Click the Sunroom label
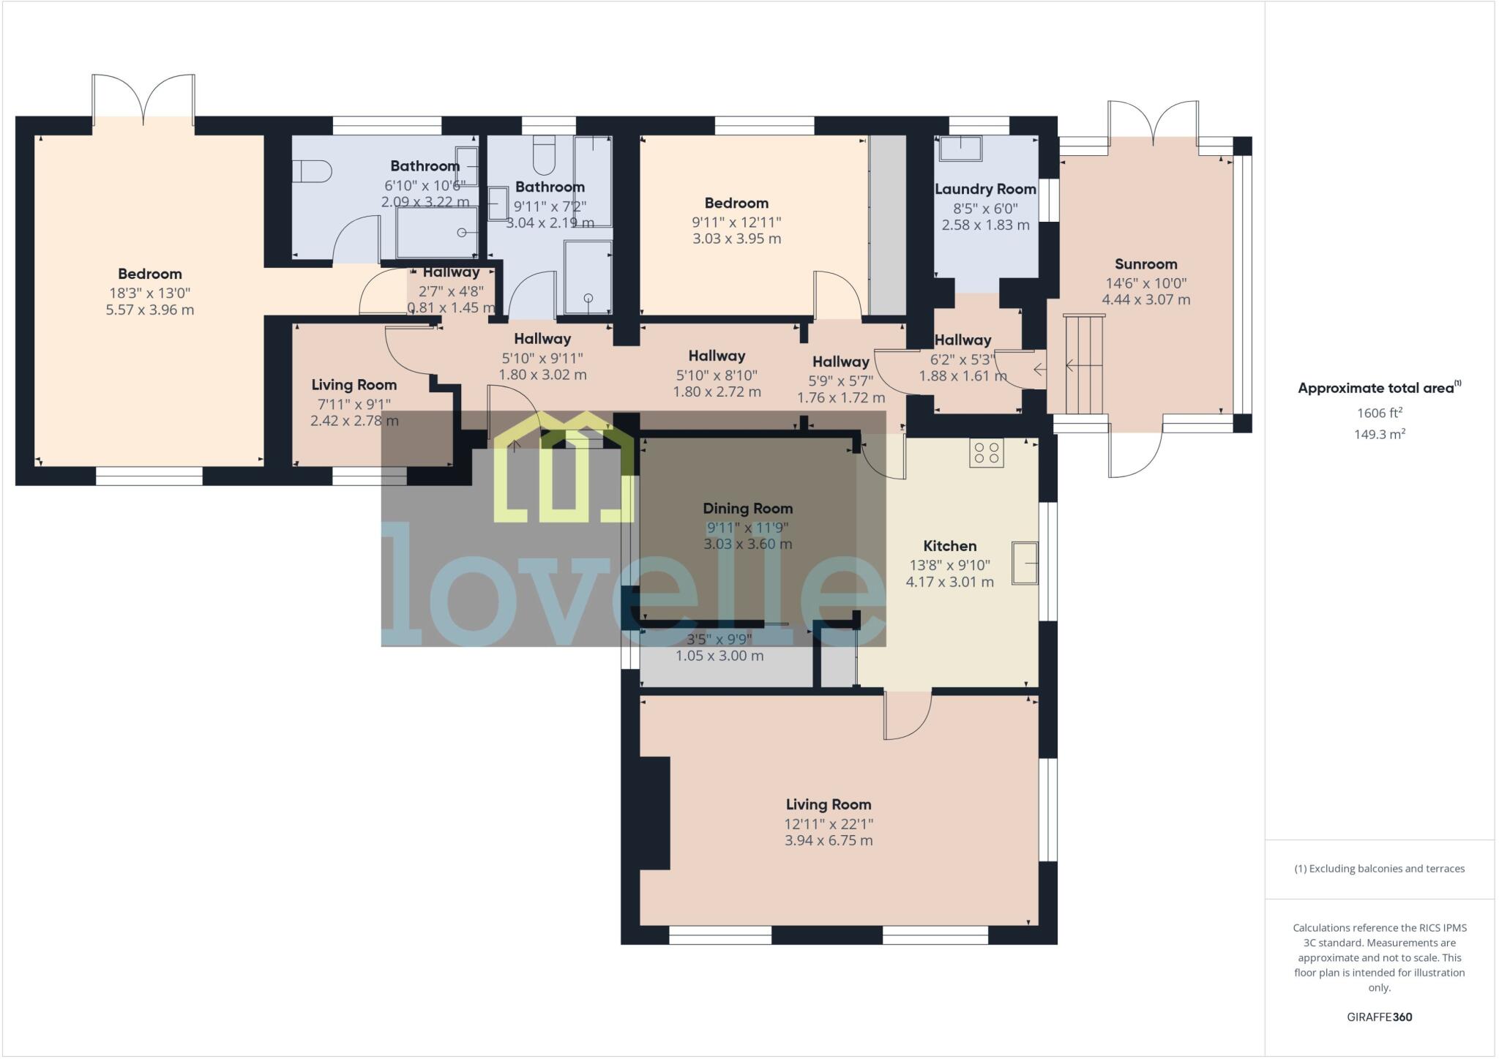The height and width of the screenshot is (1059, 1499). pyautogui.click(x=1145, y=264)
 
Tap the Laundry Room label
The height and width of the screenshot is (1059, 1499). pyautogui.click(x=985, y=190)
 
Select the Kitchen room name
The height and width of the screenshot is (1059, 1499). pyautogui.click(x=949, y=546)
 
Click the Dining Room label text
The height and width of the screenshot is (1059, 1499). pyautogui.click(x=747, y=509)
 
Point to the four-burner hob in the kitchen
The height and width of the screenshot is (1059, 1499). pyautogui.click(x=986, y=453)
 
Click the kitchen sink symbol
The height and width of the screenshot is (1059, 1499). pyautogui.click(x=1025, y=563)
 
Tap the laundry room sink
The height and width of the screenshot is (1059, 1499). pyautogui.click(x=960, y=148)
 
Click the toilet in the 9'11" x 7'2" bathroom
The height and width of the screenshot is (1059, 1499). pyautogui.click(x=544, y=154)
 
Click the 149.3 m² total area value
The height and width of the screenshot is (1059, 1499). pyautogui.click(x=1379, y=434)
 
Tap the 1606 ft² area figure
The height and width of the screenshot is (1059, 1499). pyautogui.click(x=1379, y=413)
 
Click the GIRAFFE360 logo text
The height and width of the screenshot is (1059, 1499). pyautogui.click(x=1379, y=1017)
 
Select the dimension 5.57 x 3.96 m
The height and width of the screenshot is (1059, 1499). pyautogui.click(x=150, y=310)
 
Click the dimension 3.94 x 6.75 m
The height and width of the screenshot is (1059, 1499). pyautogui.click(x=829, y=841)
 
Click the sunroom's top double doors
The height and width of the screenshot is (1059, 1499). pyautogui.click(x=1153, y=122)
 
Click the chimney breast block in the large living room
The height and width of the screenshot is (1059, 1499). pyautogui.click(x=654, y=812)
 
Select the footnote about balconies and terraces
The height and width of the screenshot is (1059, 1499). pyautogui.click(x=1379, y=869)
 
